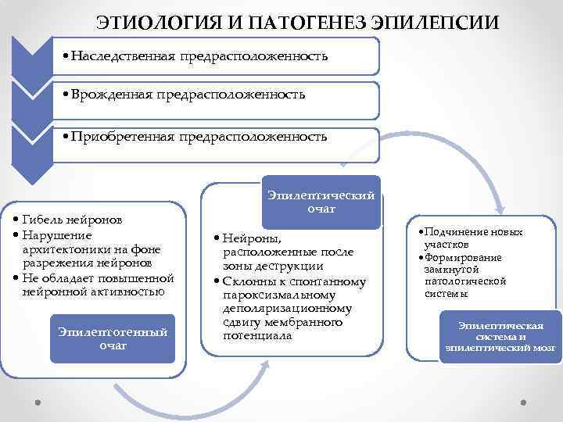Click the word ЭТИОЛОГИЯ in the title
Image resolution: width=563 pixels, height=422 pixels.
(x=159, y=22)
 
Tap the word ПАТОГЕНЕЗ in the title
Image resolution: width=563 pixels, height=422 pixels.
(x=307, y=22)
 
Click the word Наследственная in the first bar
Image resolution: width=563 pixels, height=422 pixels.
(x=124, y=56)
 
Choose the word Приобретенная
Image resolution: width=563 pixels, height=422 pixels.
(x=123, y=137)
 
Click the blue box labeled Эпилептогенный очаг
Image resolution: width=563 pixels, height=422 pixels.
(x=113, y=338)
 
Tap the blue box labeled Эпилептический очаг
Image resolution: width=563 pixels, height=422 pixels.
(x=321, y=202)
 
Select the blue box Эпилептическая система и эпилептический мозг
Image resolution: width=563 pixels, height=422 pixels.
(x=500, y=337)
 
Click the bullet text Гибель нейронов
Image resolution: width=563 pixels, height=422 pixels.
(x=72, y=220)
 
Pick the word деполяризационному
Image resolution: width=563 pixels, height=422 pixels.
(x=287, y=309)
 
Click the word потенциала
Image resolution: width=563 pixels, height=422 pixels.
(x=257, y=336)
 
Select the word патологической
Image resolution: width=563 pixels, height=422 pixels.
(x=465, y=281)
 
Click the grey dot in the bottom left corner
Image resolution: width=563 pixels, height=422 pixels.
(x=38, y=402)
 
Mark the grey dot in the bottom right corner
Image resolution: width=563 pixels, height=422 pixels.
(x=523, y=402)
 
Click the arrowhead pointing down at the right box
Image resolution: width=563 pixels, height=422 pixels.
(x=500, y=209)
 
